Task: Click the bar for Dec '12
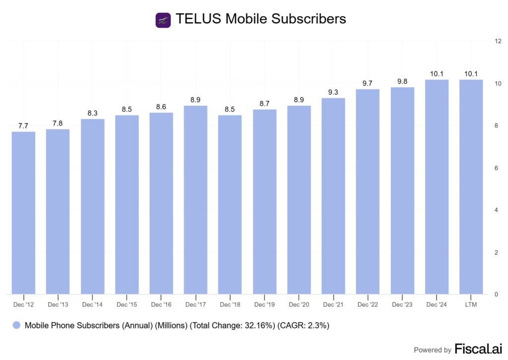point(23,213)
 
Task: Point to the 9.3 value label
point(333,93)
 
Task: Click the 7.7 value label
point(23,126)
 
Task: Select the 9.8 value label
point(402,82)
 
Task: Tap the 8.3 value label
point(92,114)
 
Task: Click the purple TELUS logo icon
point(163,20)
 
